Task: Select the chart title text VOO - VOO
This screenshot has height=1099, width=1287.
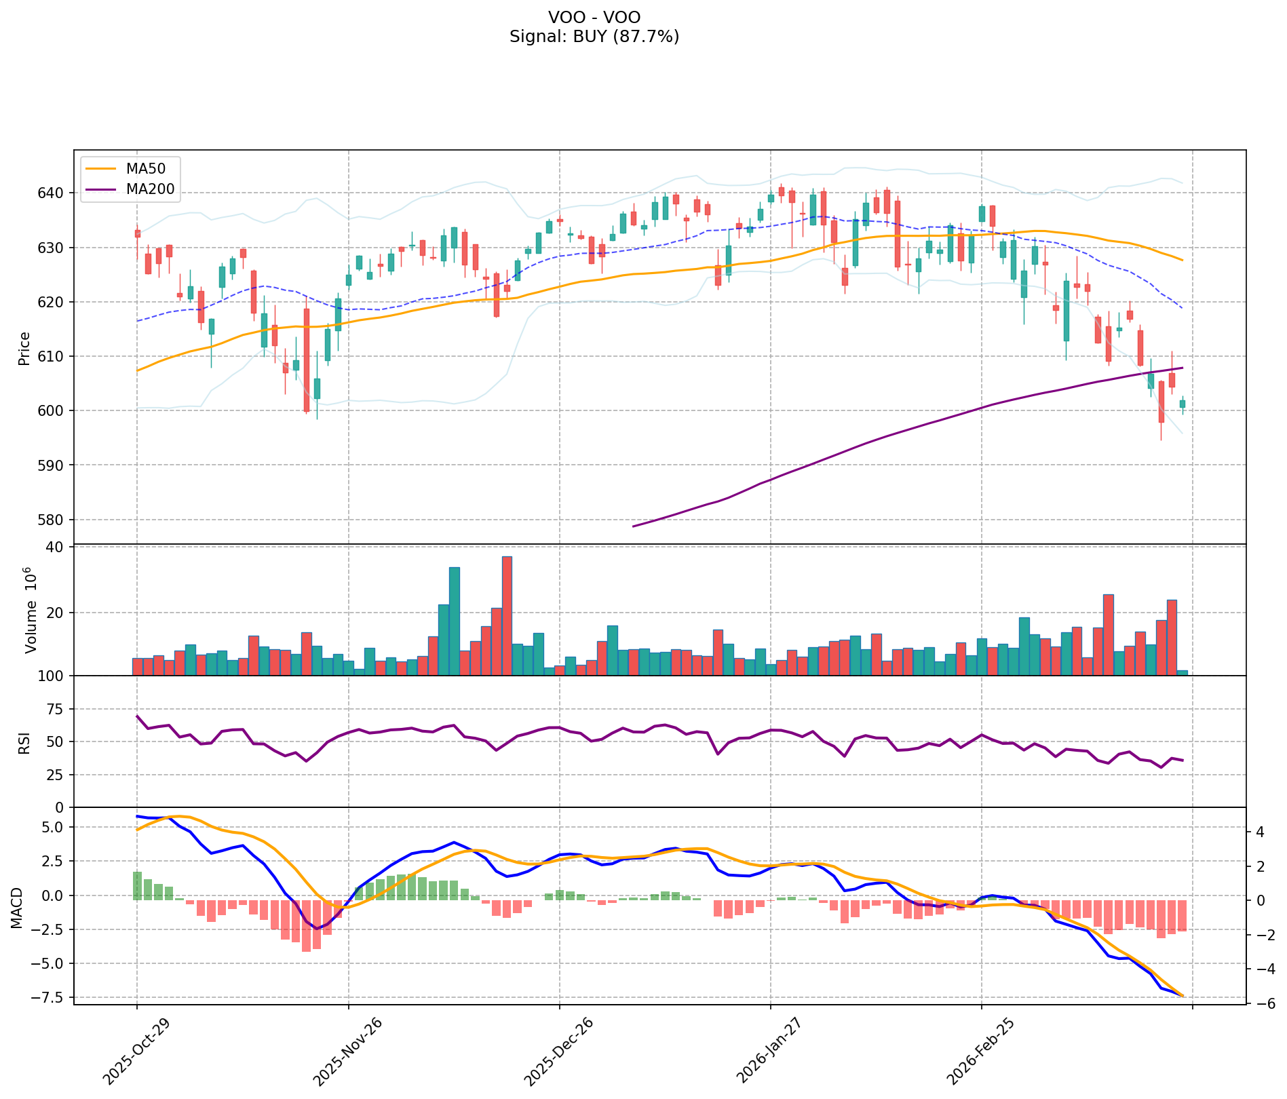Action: [x=594, y=18]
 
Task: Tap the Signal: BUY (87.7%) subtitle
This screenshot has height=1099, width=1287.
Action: [x=594, y=37]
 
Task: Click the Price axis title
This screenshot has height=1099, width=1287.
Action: [x=24, y=348]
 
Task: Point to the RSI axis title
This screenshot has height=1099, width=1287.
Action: [x=24, y=742]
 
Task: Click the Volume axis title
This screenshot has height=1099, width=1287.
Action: [x=30, y=609]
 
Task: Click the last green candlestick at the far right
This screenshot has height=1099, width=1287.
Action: [x=1183, y=404]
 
